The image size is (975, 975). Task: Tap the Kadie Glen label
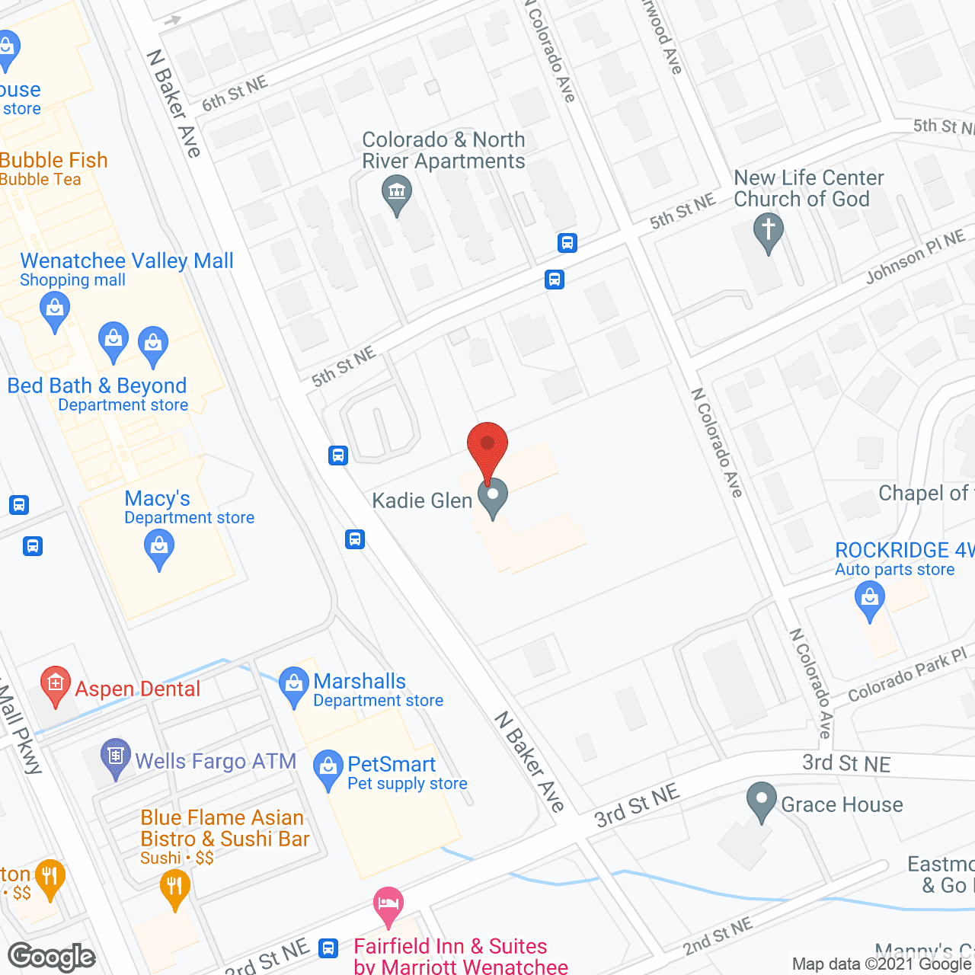point(422,500)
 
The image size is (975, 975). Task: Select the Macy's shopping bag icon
point(159,548)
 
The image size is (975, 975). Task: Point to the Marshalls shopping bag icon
point(294,685)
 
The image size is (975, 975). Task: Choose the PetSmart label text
point(392,764)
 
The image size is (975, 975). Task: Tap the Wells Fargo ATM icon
point(115,756)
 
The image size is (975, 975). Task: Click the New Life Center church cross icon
point(768,231)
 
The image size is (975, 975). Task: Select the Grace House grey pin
point(761,801)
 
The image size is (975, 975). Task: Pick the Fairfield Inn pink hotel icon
point(388,905)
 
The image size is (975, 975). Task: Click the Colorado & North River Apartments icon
point(397,192)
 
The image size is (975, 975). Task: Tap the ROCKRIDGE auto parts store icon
point(869,599)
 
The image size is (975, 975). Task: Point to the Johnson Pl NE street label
point(915,257)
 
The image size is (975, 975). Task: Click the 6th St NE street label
point(235,94)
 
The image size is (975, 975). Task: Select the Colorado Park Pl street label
point(906,675)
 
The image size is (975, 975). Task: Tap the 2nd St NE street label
point(718,936)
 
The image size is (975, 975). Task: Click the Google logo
point(52,957)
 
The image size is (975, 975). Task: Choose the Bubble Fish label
point(54,160)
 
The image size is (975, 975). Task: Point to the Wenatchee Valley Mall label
point(126,261)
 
